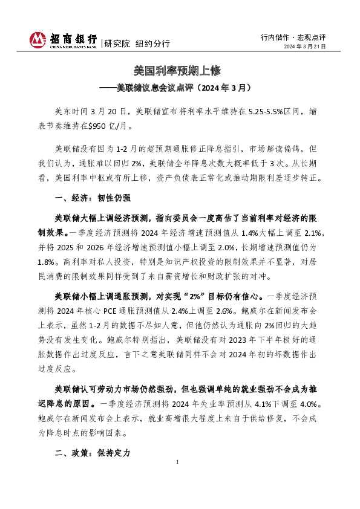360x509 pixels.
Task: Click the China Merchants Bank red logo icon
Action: [37, 40]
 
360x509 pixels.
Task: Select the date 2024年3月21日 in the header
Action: [305, 47]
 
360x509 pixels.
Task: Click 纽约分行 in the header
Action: [152, 44]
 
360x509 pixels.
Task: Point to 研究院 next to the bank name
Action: [117, 44]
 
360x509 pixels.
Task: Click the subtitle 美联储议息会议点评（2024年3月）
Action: [180, 88]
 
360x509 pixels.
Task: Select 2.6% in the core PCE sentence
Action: [220, 312]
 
